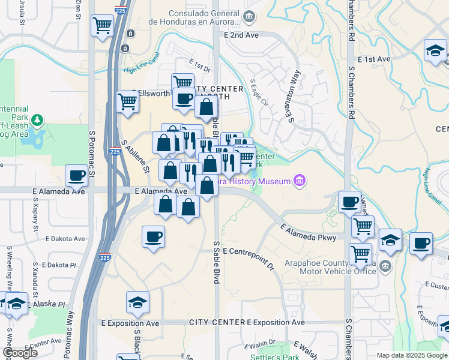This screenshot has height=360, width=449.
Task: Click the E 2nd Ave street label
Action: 241,35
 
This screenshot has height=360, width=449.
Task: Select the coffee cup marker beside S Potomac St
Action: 77,175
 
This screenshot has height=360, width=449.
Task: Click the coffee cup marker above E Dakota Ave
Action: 153,236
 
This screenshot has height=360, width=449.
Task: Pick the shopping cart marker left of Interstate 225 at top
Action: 102,26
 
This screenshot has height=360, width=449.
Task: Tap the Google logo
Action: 20,353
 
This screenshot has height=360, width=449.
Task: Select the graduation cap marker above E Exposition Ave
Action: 138,302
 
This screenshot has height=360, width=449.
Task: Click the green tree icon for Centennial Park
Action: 38,120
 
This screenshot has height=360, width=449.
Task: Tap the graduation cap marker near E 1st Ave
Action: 435,51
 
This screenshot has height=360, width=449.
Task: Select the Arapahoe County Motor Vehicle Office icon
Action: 385,265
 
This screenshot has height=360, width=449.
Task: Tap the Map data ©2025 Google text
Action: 412,355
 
